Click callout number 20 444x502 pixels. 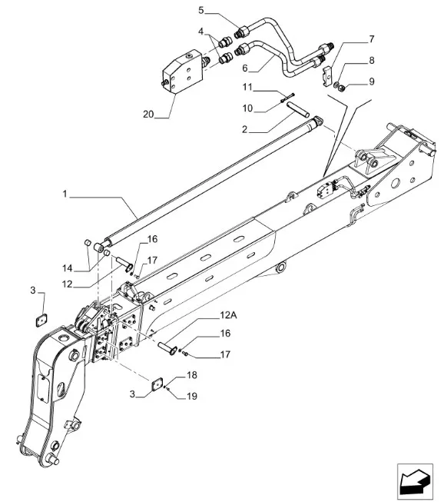point(148,114)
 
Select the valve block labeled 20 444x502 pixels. point(183,71)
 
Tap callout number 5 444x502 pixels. point(201,10)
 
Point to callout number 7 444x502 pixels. point(371,39)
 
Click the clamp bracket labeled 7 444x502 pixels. point(328,75)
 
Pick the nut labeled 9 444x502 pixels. point(342,86)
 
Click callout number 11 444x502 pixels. point(247,87)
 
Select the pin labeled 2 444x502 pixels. point(298,109)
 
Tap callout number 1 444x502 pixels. point(65,194)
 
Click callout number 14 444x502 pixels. point(67,268)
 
